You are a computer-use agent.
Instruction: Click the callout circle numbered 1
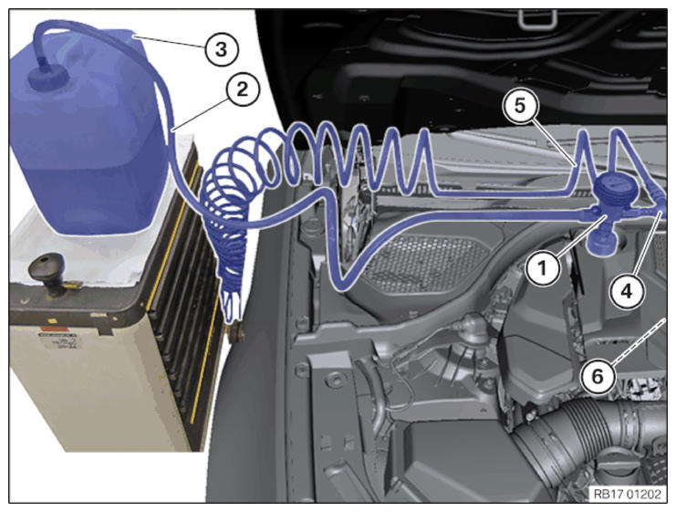(543, 268)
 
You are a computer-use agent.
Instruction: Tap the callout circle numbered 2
(243, 89)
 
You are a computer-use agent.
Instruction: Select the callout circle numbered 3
(221, 49)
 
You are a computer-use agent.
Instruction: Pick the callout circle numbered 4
(627, 291)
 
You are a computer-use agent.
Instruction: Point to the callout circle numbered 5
(520, 106)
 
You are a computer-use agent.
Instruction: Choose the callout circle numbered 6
(598, 377)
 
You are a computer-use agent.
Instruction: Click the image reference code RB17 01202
(627, 494)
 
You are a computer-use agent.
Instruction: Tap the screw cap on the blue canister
(48, 78)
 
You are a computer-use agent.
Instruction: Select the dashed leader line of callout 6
(638, 340)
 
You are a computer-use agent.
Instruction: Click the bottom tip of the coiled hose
(231, 319)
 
